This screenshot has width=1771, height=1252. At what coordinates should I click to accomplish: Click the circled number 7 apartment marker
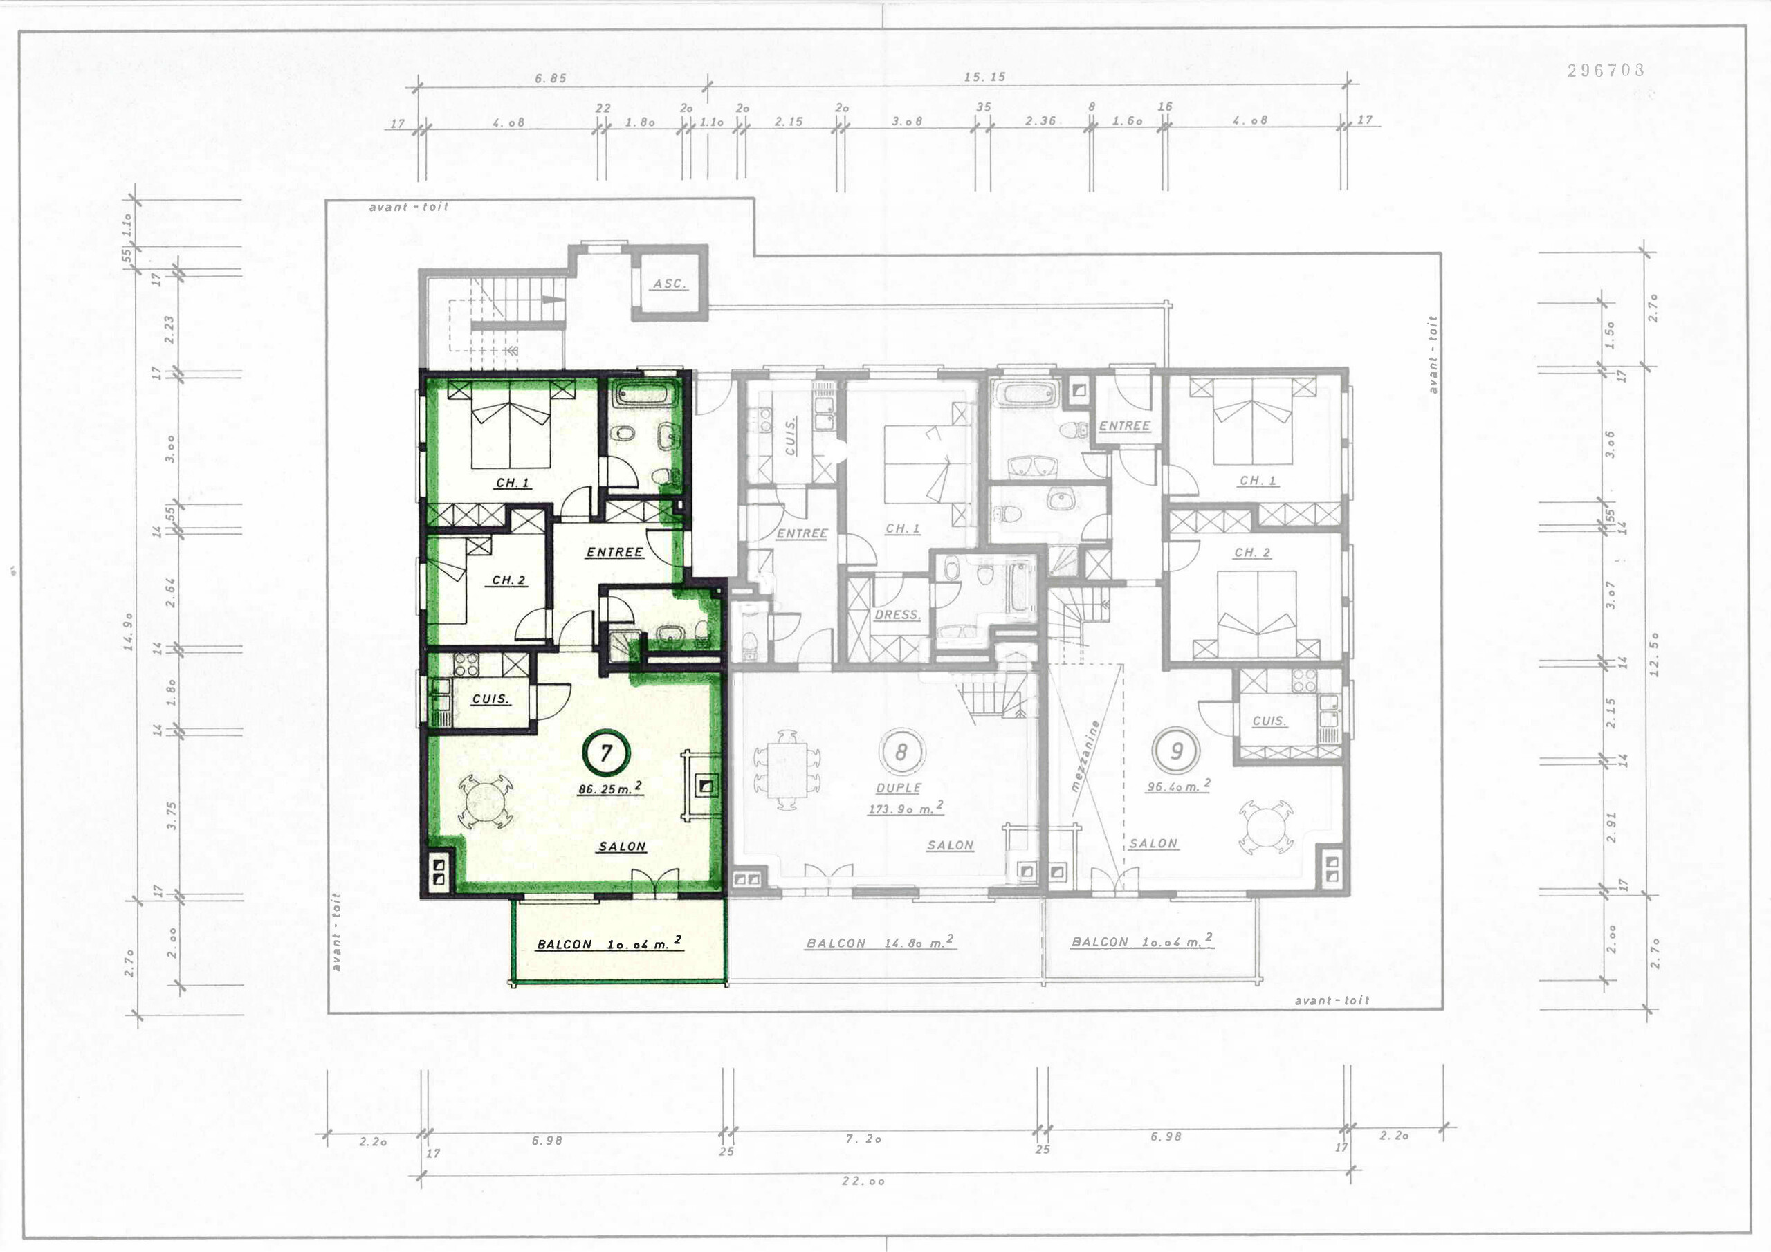(606, 752)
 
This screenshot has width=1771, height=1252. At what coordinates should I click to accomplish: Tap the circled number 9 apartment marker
(1176, 751)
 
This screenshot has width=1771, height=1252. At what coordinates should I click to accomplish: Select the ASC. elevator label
(669, 283)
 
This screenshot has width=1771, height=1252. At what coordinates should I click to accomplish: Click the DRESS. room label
(897, 615)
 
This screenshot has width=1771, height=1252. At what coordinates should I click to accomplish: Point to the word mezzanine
(1085, 757)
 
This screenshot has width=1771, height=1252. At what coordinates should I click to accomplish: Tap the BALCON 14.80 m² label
(880, 943)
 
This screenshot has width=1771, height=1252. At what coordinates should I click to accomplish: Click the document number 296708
(1606, 70)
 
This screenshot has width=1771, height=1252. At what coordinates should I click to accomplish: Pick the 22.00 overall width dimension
(863, 1181)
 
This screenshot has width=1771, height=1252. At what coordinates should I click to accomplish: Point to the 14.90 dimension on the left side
(129, 631)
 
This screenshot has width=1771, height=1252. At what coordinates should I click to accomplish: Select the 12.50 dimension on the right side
(1653, 654)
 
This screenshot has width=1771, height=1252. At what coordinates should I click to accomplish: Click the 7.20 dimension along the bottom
(863, 1139)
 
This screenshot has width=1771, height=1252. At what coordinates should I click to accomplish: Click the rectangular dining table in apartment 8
(787, 769)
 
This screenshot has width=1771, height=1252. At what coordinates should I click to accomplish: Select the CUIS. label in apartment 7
(490, 699)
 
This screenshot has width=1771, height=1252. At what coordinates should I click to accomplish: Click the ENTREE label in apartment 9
(1125, 426)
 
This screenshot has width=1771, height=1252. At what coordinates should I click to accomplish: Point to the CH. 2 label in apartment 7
(509, 580)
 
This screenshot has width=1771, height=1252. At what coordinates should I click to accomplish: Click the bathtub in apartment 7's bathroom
(645, 397)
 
